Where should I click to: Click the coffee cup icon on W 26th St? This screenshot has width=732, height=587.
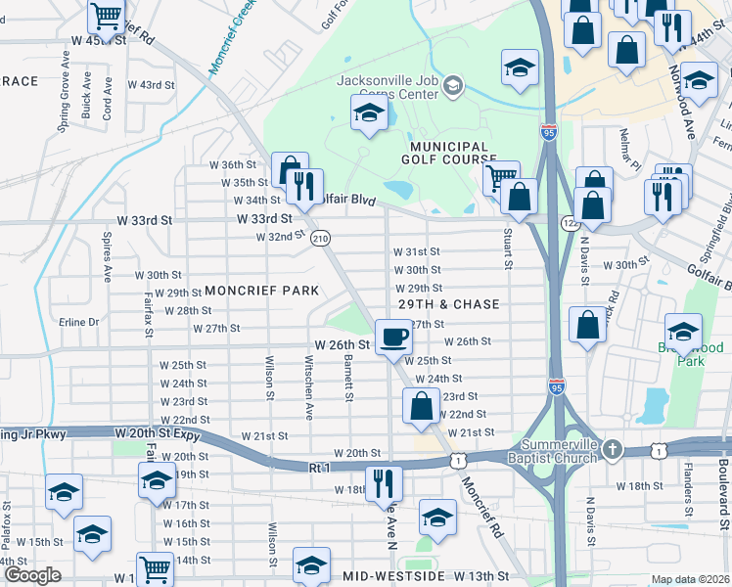click(394, 337)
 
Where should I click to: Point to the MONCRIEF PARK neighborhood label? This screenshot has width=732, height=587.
click(261, 291)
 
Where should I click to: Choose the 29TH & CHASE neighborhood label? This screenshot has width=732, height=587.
click(449, 304)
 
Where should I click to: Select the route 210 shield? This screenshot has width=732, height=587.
click(320, 238)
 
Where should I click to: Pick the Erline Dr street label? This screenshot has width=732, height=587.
click(80, 322)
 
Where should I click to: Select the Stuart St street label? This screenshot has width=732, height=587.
click(509, 247)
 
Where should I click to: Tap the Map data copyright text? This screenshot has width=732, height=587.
click(691, 579)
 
